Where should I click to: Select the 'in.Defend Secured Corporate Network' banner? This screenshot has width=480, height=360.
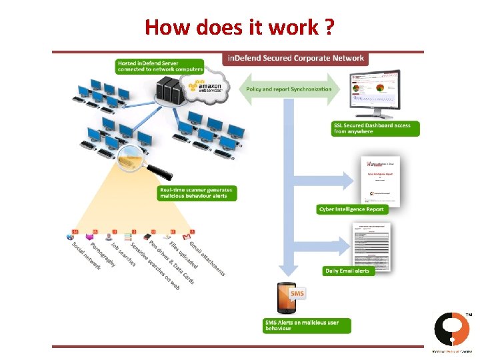295,59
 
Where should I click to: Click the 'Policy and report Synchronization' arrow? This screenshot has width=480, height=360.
288,89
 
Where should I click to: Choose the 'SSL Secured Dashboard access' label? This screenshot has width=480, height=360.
375,129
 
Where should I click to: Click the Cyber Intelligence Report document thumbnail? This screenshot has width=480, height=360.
379,179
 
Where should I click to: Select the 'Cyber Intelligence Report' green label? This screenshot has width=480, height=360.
351,209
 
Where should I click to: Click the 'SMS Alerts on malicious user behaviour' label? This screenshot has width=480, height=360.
305,325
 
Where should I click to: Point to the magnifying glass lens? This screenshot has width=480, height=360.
130,159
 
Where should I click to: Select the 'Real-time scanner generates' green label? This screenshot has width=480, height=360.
197,193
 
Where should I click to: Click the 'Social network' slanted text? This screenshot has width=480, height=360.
87,255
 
